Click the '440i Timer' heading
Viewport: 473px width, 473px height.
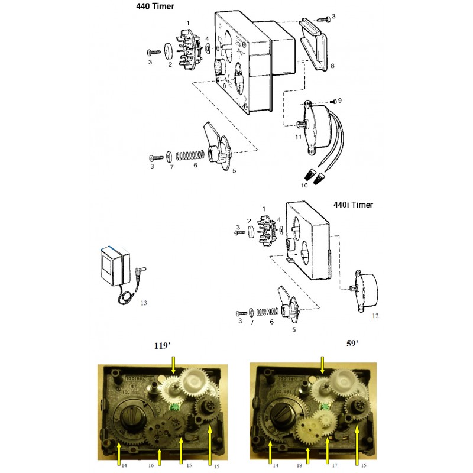pyautogui.click(x=353, y=205)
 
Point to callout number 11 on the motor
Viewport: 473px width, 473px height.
pyautogui.click(x=299, y=137)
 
